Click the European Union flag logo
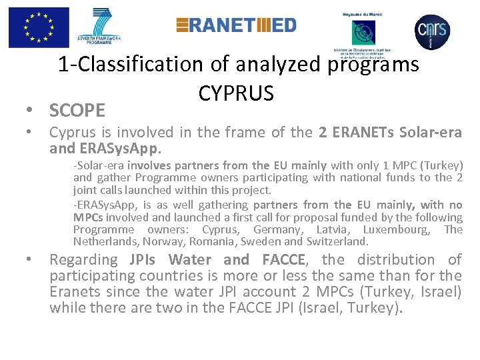(39, 28)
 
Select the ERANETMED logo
(236, 25)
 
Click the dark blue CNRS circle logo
(432, 29)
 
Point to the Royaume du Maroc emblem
(364, 34)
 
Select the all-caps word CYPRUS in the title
(235, 93)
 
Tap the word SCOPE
(77, 109)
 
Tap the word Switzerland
(337, 241)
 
